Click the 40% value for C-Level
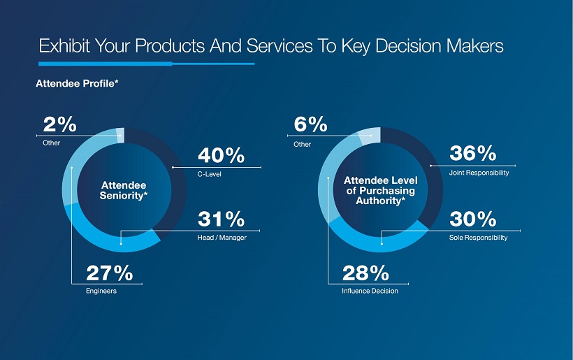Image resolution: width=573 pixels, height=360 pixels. point(221,156)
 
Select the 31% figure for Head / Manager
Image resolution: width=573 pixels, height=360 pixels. point(221,219)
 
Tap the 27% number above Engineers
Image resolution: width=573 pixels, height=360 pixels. point(109,273)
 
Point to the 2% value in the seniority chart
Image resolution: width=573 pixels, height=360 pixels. point(59,124)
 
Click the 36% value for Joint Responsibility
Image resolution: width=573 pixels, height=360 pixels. point(472,153)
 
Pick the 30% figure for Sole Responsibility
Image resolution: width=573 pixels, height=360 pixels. point(472,219)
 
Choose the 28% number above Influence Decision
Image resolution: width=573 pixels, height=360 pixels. point(365,273)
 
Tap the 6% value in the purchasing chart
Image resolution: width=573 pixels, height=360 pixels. point(310,124)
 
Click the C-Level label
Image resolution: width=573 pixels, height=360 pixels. point(210,174)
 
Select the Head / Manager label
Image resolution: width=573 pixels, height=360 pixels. point(222,238)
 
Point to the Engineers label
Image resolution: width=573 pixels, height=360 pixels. point(101,291)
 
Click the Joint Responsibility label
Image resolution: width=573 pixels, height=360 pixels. point(479,172)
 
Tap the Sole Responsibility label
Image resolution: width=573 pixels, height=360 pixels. point(478,238)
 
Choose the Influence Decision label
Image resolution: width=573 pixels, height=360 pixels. point(370,291)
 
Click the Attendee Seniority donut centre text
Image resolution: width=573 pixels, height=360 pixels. point(124,190)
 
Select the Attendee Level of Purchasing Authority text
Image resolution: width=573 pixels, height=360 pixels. point(380,191)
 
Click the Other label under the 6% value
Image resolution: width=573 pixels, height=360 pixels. point(303,144)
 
